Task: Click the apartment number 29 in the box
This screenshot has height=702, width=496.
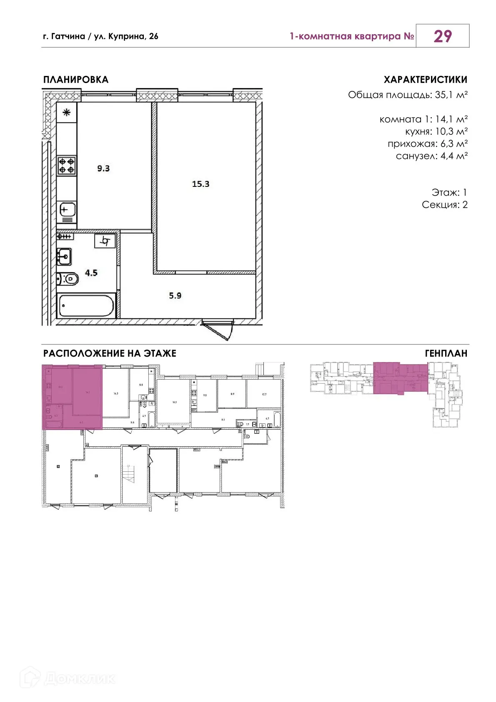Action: click(x=442, y=36)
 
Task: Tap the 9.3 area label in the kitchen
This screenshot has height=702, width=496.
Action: click(x=103, y=169)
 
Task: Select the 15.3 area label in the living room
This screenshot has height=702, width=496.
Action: click(x=200, y=184)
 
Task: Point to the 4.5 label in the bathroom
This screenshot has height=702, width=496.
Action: click(x=91, y=273)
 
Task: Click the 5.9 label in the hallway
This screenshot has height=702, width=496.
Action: click(x=175, y=296)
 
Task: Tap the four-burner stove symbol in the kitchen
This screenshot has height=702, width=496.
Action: click(x=66, y=165)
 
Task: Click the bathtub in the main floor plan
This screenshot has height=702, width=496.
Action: click(x=86, y=306)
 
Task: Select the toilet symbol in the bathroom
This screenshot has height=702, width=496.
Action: click(x=68, y=278)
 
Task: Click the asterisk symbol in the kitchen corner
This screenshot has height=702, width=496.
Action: click(x=67, y=113)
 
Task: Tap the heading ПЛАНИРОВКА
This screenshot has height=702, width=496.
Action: click(x=75, y=80)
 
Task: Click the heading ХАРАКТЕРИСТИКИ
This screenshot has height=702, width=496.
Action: click(x=425, y=80)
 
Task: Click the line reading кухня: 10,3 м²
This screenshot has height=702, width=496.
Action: click(x=436, y=131)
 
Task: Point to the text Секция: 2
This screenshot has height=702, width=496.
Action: click(x=444, y=205)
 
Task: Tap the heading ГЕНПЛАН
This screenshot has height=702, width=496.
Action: click(x=446, y=353)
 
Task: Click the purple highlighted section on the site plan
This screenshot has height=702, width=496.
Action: click(x=400, y=378)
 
